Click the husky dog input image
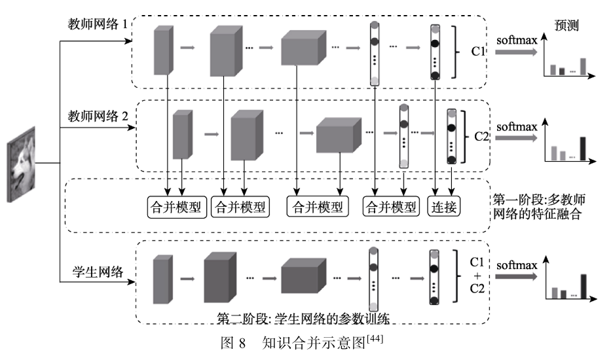coord(22,164)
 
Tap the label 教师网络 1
coord(98,24)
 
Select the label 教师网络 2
coord(98,116)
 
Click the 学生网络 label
coord(98,271)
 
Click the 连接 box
coord(444,207)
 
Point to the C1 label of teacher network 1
coord(477,51)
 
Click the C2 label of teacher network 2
coord(481,136)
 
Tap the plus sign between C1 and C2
coord(477,276)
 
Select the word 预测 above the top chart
coord(567,26)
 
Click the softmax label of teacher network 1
coord(517,41)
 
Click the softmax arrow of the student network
coord(517,276)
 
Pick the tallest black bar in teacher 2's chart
coord(582,149)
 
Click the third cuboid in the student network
coord(304,276)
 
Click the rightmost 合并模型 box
coord(391,207)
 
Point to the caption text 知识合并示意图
coord(314,342)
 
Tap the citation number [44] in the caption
coord(375,338)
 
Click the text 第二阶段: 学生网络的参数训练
coord(303,319)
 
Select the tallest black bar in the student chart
coord(584,287)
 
